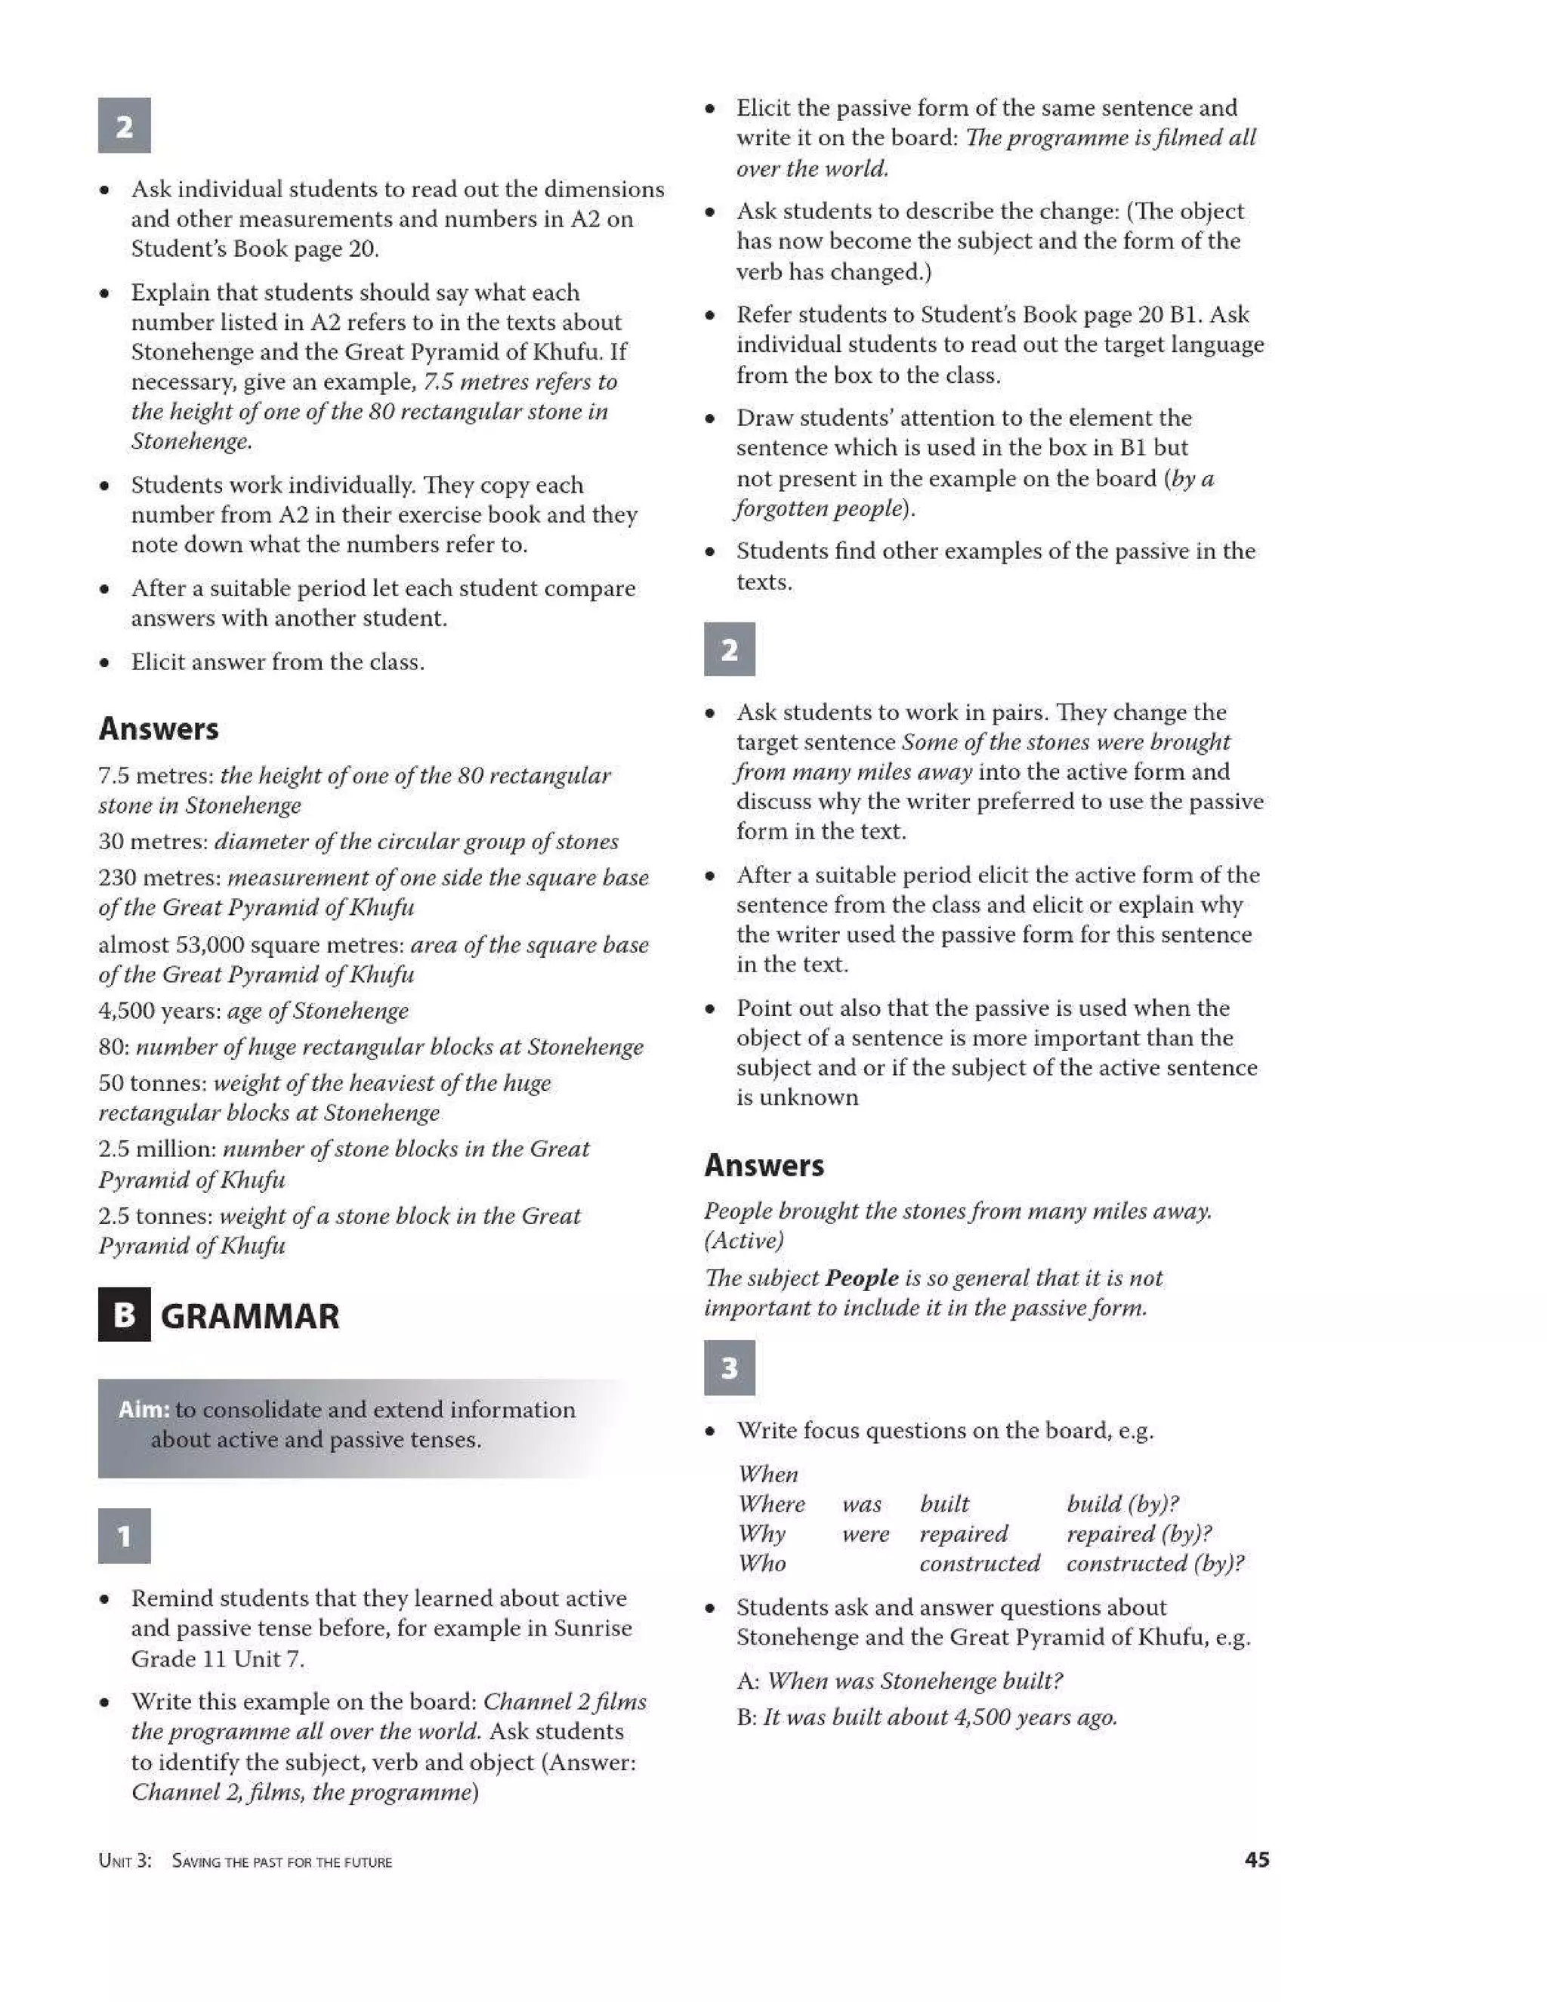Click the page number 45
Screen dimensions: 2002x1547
click(1256, 1859)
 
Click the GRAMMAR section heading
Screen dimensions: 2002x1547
click(249, 1316)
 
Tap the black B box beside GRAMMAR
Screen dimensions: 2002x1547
click(124, 1315)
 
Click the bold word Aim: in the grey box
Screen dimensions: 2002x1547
click(144, 1409)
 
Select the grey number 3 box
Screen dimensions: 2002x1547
click(730, 1367)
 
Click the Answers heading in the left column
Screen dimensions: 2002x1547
click(159, 729)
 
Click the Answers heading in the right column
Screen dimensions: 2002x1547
click(764, 1165)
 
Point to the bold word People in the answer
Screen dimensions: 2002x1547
click(861, 1278)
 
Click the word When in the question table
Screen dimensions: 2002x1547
click(768, 1474)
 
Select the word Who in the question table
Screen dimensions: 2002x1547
click(761, 1563)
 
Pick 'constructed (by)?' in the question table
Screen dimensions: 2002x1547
click(1155, 1563)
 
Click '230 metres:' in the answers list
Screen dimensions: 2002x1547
click(159, 877)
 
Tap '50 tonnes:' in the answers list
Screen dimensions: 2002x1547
click(152, 1083)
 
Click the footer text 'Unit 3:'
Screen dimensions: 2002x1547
click(125, 1861)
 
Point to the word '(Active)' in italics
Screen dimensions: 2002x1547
click(743, 1240)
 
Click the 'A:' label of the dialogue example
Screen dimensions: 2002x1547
click(748, 1680)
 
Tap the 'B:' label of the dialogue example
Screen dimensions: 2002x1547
click(747, 1717)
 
